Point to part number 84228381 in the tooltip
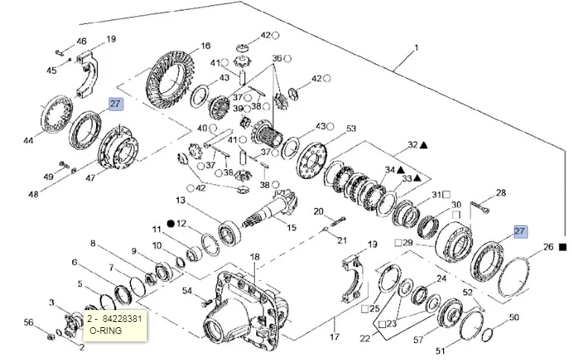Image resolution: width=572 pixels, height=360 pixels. coord(123,318)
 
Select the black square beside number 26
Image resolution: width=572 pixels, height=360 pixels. coord(563,247)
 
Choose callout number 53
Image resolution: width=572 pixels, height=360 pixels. coord(352,129)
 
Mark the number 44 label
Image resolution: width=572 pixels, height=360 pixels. coord(29,140)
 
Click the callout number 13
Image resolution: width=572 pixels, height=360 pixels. coord(180,200)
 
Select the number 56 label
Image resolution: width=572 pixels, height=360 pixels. coord(29,322)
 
